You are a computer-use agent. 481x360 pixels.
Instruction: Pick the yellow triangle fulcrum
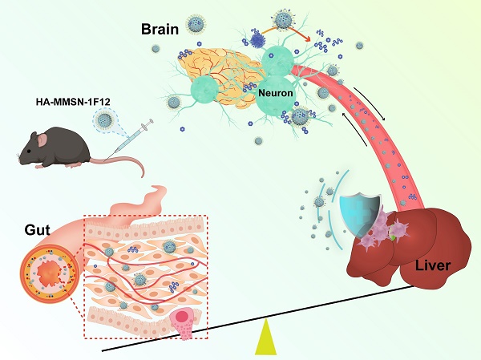[x=265, y=338]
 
